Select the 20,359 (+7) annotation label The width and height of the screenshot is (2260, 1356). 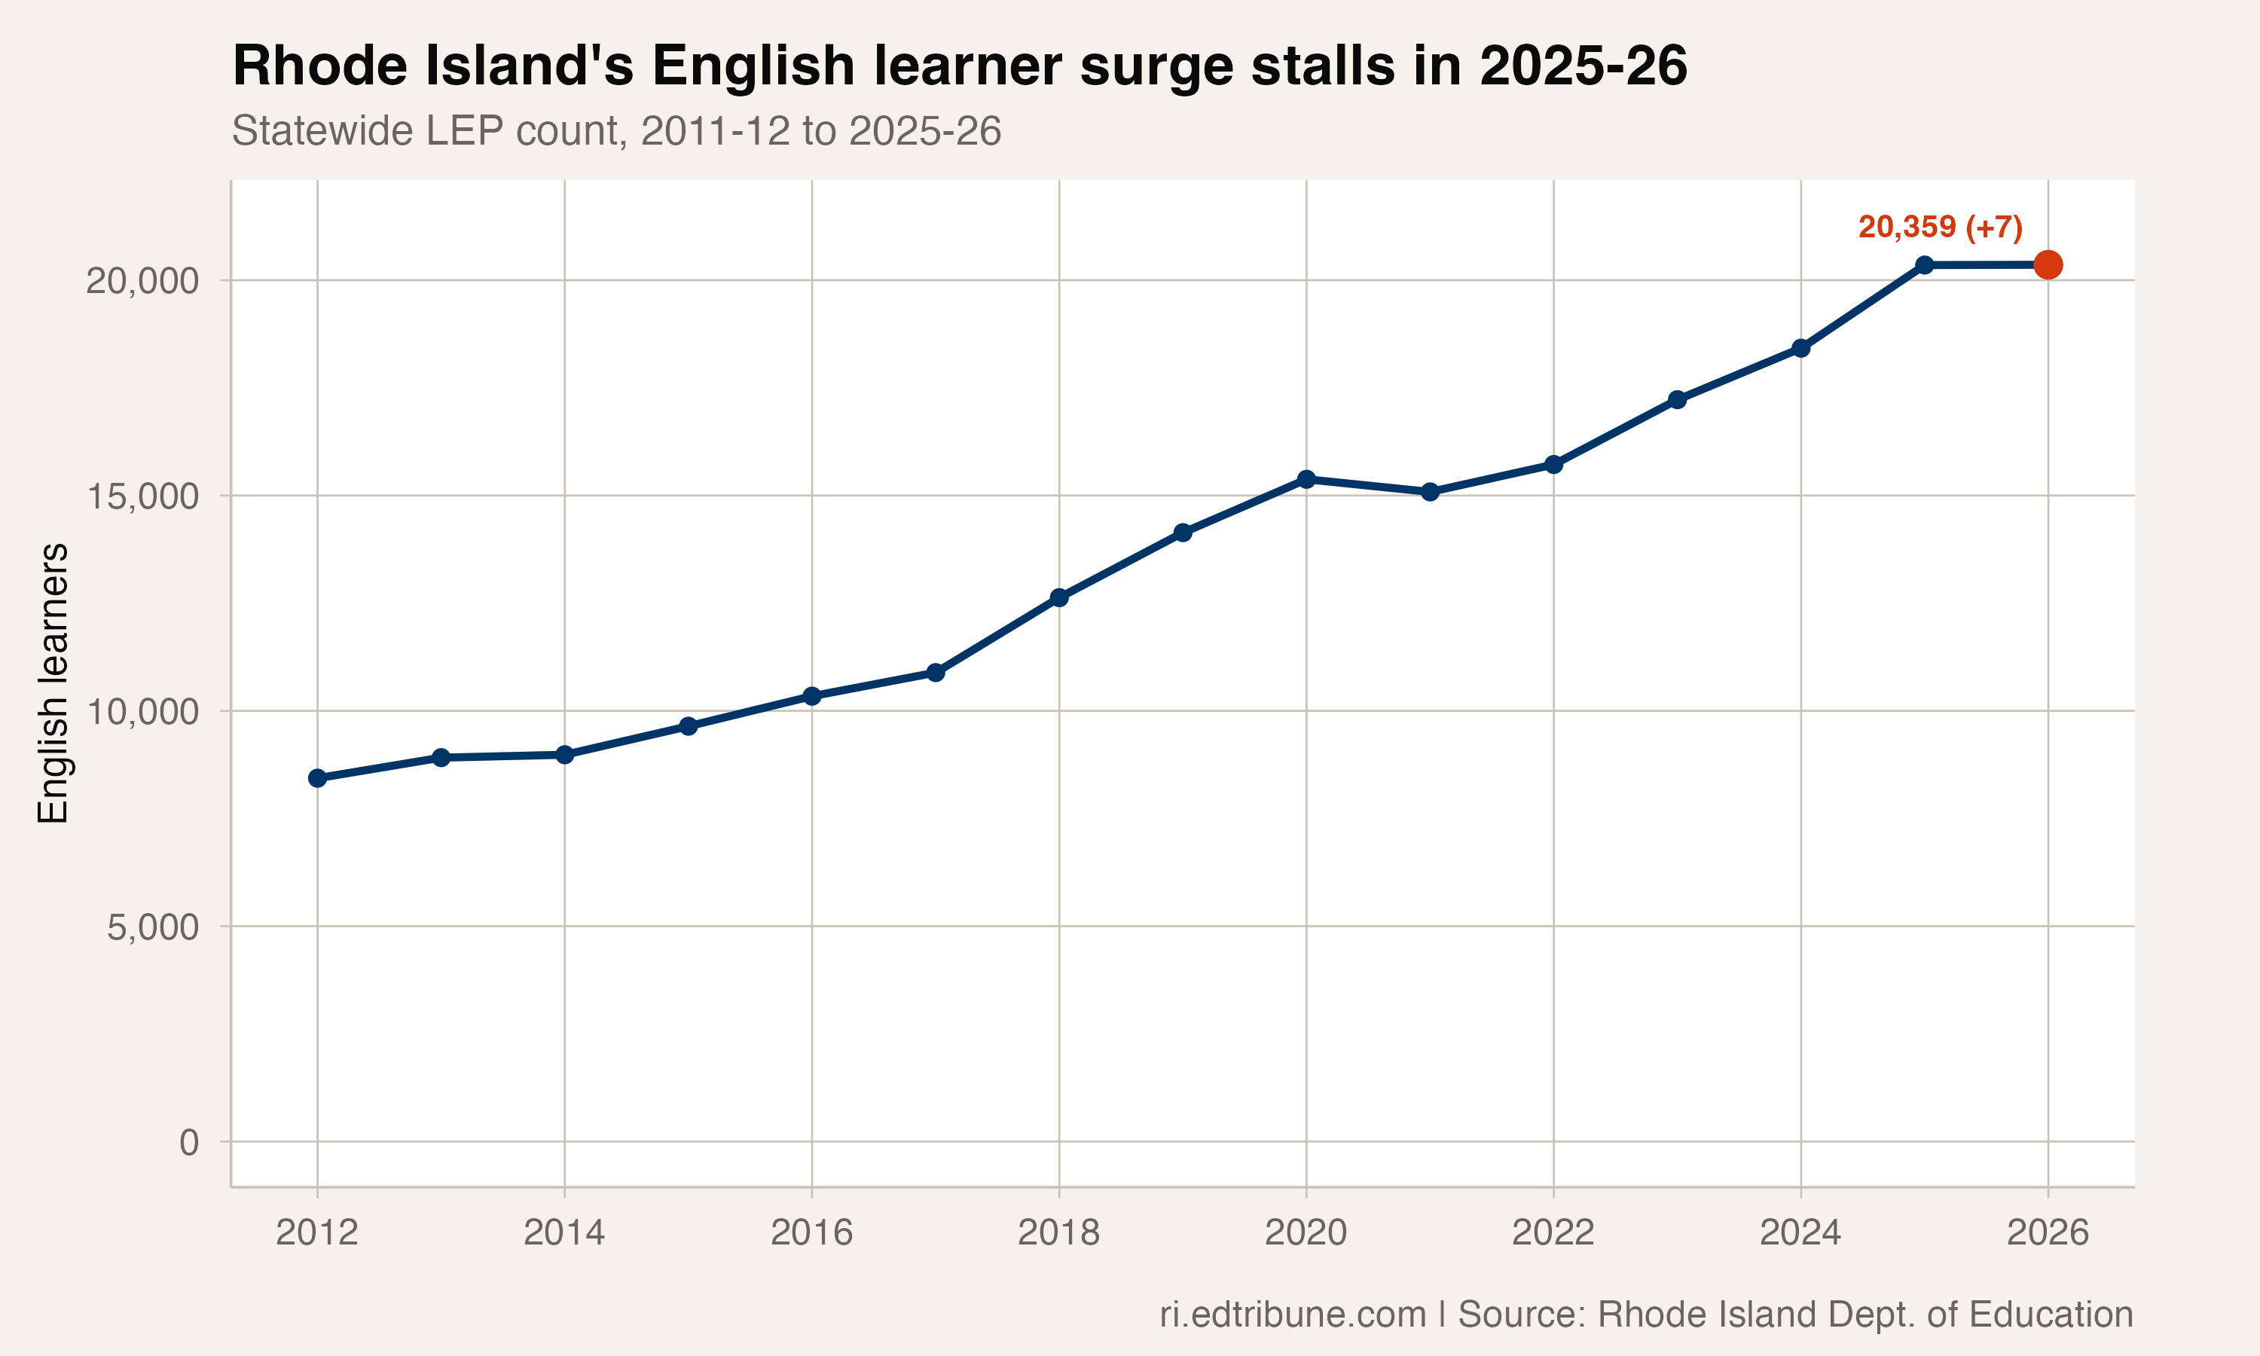tap(1941, 227)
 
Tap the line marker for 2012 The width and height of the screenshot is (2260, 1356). tap(317, 777)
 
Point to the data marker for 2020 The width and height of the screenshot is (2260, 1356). tap(1306, 479)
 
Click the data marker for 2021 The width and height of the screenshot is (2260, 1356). tap(1430, 492)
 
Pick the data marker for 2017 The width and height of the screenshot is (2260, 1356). tap(936, 673)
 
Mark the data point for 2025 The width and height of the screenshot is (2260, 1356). tap(1924, 265)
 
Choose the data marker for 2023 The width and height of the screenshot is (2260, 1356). tap(1677, 399)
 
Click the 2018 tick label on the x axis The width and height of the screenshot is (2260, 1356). tap(1058, 1232)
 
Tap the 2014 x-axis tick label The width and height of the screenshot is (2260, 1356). tap(563, 1232)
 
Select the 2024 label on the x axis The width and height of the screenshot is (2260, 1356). tap(1800, 1232)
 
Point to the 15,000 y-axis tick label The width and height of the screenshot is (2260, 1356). tap(142, 496)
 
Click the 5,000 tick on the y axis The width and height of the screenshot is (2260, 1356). tap(153, 927)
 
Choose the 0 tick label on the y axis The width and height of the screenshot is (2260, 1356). tap(189, 1142)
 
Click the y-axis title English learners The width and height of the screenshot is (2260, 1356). tap(53, 683)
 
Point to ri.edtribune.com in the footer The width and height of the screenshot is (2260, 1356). tap(1293, 1314)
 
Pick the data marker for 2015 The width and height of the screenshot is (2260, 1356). tap(688, 726)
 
